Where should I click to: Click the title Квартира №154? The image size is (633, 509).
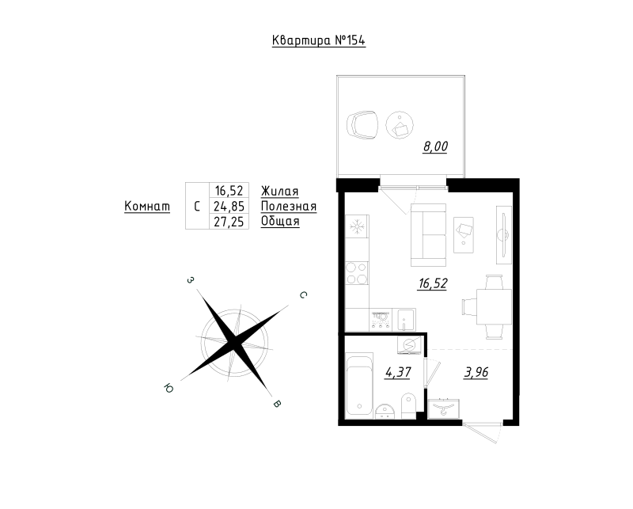click(319, 40)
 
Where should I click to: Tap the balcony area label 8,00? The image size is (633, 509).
click(435, 146)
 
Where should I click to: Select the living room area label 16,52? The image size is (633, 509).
click(433, 283)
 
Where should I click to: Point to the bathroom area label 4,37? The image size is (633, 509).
click(398, 372)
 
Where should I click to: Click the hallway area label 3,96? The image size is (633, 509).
click(476, 372)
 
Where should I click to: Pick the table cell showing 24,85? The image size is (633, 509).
click(229, 207)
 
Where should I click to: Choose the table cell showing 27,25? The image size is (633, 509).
click(229, 222)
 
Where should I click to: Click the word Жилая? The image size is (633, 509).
click(280, 191)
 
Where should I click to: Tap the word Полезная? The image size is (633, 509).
click(289, 207)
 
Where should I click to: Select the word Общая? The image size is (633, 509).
click(280, 222)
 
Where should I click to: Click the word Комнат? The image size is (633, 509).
click(147, 206)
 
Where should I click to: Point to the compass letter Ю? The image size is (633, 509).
click(169, 388)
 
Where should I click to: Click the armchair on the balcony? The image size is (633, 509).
click(362, 125)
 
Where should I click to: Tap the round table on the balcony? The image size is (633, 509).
click(400, 125)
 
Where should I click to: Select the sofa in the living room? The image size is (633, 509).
click(428, 235)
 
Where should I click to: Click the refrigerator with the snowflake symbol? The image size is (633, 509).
click(357, 226)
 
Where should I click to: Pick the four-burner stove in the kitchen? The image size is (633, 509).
click(357, 273)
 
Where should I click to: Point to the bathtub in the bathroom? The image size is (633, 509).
click(359, 384)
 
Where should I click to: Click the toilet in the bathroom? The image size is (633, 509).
click(408, 405)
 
